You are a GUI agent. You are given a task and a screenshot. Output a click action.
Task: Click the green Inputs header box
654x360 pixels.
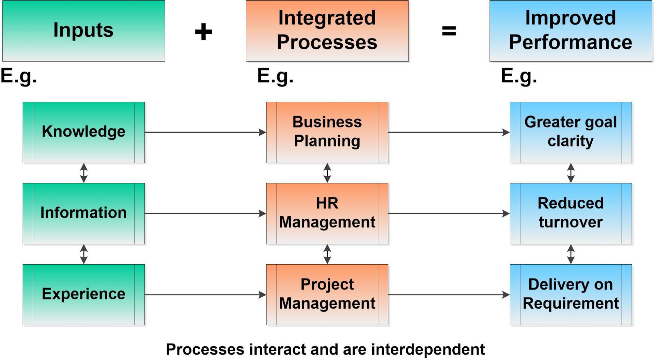[84, 31]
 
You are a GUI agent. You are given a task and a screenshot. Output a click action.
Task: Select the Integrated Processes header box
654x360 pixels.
[327, 31]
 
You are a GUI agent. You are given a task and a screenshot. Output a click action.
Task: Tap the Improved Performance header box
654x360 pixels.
[571, 31]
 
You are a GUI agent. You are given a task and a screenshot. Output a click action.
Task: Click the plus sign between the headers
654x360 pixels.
[203, 32]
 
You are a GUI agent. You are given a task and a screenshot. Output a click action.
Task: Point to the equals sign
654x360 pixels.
[449, 31]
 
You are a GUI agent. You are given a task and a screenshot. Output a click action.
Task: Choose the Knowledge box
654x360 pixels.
[84, 132]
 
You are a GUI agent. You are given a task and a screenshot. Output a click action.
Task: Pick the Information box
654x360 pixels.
[84, 214]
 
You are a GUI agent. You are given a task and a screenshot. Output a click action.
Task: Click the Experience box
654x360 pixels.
[84, 295]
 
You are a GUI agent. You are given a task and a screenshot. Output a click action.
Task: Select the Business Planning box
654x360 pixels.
[327, 132]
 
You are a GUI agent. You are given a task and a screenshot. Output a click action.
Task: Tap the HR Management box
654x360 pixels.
[327, 214]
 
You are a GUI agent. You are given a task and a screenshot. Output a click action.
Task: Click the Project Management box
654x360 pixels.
[327, 295]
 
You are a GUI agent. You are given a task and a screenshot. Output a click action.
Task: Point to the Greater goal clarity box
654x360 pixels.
[571, 132]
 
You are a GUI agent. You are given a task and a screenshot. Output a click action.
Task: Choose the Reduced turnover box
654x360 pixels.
[571, 214]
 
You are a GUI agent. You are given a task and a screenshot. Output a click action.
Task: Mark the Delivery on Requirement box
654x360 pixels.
[571, 295]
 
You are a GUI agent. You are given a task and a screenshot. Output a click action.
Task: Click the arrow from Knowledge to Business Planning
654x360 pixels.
[205, 132]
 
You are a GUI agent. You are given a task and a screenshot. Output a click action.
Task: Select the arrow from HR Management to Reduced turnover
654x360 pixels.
[449, 214]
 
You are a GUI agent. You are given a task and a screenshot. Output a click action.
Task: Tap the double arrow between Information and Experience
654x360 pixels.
[84, 254]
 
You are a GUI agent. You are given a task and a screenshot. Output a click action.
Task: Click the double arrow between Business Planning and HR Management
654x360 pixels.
[327, 173]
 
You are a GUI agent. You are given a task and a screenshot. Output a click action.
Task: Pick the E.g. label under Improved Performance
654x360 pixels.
[519, 76]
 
